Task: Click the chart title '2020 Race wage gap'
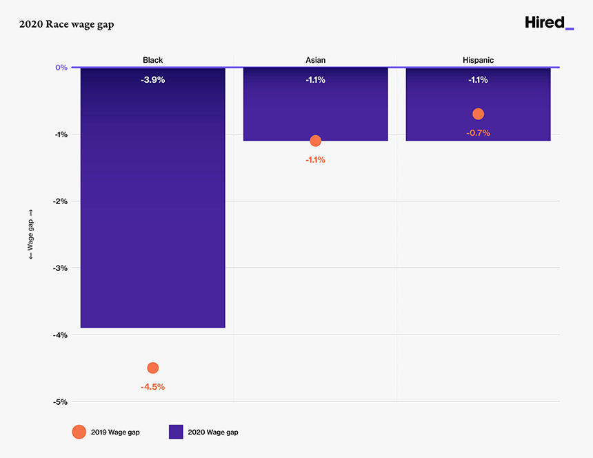coord(67,25)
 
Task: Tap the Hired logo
coord(549,23)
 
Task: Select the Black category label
coord(152,60)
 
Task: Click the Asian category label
coord(315,60)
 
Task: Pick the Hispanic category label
coord(478,60)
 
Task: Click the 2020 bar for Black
coord(152,207)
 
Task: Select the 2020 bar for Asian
coord(315,110)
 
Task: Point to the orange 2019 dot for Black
coord(152,368)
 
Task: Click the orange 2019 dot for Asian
coord(315,141)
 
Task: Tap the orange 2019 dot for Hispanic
coord(478,114)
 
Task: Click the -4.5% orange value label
coord(152,387)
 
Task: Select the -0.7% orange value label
coord(478,132)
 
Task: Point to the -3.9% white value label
coord(152,80)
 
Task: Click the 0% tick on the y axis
coord(61,68)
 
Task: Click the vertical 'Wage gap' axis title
coord(30,235)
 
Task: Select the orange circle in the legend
coord(79,432)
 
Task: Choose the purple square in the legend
coord(176,432)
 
